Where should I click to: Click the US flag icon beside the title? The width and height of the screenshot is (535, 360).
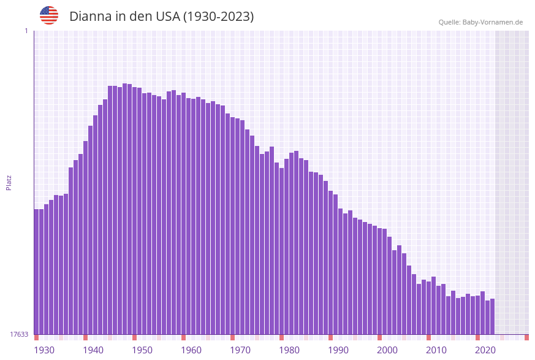tap(49, 15)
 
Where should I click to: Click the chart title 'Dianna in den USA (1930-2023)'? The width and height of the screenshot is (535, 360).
tap(161, 17)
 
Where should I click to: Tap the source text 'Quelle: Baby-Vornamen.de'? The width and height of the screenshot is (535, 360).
tap(480, 22)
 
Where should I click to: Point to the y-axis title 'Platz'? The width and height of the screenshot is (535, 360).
tap(9, 182)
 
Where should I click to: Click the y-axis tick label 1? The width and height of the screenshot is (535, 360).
tap(26, 31)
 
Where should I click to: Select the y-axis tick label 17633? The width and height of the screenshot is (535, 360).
tap(19, 334)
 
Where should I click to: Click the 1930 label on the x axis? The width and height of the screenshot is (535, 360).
tap(44, 350)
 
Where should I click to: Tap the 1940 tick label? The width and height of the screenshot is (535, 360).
tap(93, 350)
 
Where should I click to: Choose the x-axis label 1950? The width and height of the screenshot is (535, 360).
tap(142, 350)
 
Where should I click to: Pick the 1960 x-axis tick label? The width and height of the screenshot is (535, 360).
tap(191, 350)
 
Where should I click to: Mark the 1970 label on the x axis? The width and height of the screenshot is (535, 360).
tap(240, 350)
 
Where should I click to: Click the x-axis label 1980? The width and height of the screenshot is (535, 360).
tap(289, 350)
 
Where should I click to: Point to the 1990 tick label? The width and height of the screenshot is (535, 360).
tap(338, 350)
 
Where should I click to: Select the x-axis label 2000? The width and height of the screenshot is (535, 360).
tap(387, 350)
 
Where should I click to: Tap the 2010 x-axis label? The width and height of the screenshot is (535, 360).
tap(436, 350)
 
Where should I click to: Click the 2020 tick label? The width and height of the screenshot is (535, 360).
tap(485, 350)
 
